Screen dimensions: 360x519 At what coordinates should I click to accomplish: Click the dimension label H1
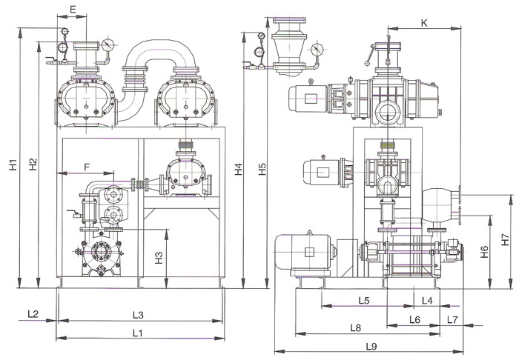(x=13, y=164)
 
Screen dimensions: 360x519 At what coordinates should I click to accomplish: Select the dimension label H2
(x=32, y=164)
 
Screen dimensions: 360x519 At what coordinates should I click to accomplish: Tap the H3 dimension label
(x=158, y=258)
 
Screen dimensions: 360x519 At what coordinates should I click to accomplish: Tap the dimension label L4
(x=426, y=300)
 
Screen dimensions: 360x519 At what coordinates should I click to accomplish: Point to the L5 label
(x=363, y=300)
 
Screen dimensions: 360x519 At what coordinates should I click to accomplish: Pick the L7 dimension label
(x=453, y=319)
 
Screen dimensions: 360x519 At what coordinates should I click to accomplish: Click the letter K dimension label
(x=423, y=23)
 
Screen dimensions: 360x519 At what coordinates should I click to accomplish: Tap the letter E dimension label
(x=72, y=8)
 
